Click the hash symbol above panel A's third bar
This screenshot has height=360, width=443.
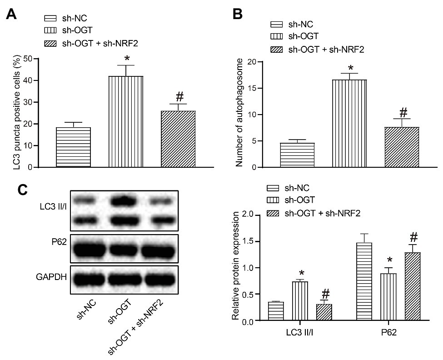(179, 96)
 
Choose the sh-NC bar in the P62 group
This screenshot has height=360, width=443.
(365, 282)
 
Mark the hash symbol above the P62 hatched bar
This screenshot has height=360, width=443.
(413, 237)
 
